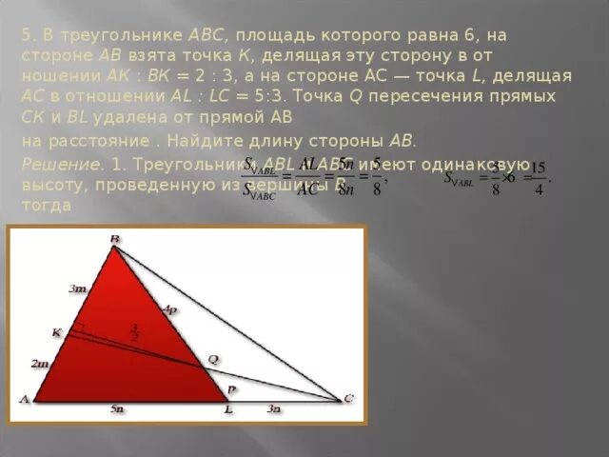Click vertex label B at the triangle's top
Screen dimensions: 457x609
114,239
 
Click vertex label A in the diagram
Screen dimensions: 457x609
24,399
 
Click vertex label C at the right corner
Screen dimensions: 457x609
348,398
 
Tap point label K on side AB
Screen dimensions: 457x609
56,332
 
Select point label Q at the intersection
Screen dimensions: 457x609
213,360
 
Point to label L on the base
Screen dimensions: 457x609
228,408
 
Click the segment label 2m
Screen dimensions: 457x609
39,364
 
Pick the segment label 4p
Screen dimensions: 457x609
169,309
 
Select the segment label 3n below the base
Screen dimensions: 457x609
273,408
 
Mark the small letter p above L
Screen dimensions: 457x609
230,389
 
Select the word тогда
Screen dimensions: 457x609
43,207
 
